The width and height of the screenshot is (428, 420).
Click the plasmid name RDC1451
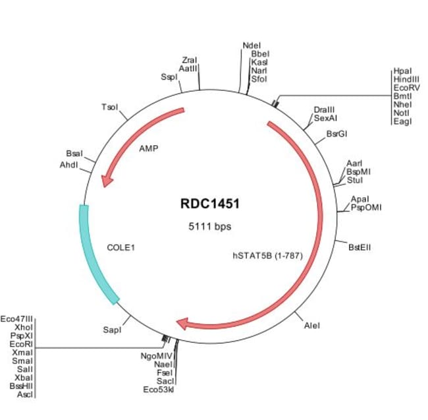(210, 204)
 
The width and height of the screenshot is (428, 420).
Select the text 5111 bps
(210, 226)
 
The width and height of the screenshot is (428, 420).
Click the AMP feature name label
(149, 148)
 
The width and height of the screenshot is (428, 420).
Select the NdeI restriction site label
(252, 45)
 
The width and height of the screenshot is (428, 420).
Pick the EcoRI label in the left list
(20, 344)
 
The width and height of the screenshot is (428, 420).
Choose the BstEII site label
(360, 247)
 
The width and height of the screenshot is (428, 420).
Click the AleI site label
(312, 326)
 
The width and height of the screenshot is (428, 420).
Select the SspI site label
(169, 77)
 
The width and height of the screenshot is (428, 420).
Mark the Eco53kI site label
(158, 390)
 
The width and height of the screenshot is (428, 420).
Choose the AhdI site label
(69, 165)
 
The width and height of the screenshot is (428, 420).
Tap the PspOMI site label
(365, 208)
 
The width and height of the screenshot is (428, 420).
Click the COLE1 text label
(120, 249)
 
